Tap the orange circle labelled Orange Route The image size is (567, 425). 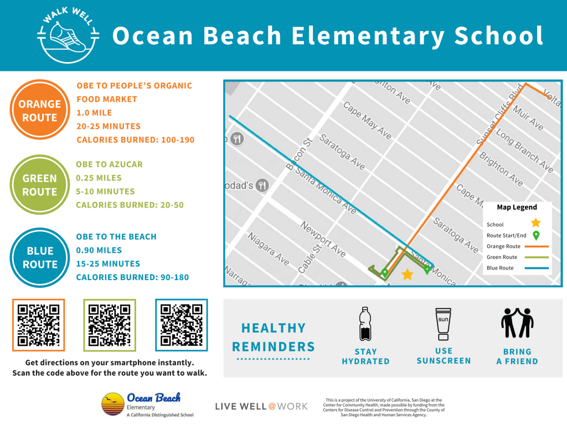tap(39, 110)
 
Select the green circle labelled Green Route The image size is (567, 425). tap(39, 185)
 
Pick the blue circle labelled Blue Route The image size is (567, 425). tap(39, 257)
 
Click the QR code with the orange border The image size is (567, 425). tap(39, 325)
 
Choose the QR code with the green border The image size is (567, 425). tap(110, 325)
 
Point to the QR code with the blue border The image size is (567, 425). tap(181, 325)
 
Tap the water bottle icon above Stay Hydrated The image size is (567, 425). tap(365, 324)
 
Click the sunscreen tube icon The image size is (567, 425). tap(443, 324)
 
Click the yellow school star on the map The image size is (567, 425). tap(408, 274)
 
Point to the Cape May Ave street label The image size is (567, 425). tap(367, 120)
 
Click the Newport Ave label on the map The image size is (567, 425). tap(323, 239)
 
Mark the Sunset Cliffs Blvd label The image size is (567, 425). tap(500, 116)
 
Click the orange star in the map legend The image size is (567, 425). tap(535, 223)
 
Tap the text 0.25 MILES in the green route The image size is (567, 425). tap(99, 178)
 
